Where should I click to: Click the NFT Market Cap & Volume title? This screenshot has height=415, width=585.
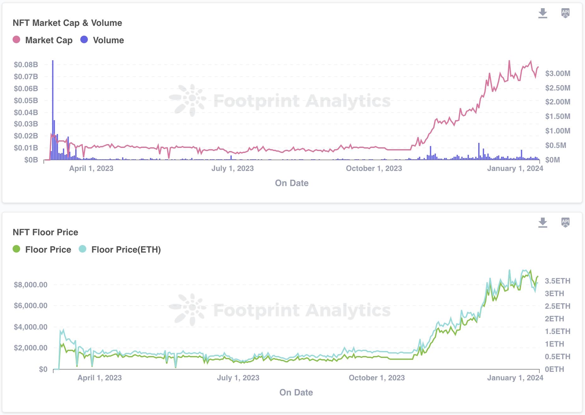(x=67, y=23)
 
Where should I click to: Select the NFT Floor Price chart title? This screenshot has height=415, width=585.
(x=45, y=232)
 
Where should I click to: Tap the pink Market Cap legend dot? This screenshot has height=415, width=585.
(x=16, y=40)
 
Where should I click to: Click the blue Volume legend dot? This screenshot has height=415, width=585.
(x=84, y=40)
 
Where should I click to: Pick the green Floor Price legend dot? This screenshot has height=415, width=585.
(x=16, y=249)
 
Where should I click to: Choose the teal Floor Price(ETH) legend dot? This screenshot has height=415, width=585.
(x=82, y=249)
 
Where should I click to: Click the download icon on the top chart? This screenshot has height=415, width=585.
(x=542, y=13)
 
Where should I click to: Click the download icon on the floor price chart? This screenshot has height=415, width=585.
(x=542, y=223)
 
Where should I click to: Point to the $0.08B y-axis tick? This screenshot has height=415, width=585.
(x=26, y=65)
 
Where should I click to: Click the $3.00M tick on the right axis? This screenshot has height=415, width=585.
(x=558, y=73)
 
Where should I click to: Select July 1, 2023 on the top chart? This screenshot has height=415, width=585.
(x=232, y=168)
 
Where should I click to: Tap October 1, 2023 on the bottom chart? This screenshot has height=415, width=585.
(x=377, y=378)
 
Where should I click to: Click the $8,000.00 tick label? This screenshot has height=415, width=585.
(x=31, y=285)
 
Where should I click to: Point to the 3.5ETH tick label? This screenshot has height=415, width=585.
(x=558, y=281)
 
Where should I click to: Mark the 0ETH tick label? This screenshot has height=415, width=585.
(x=554, y=369)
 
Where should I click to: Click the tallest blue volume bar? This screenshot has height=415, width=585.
(x=53, y=110)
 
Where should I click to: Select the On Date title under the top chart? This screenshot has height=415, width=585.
(x=292, y=183)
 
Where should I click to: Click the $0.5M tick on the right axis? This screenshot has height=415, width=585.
(x=556, y=145)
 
